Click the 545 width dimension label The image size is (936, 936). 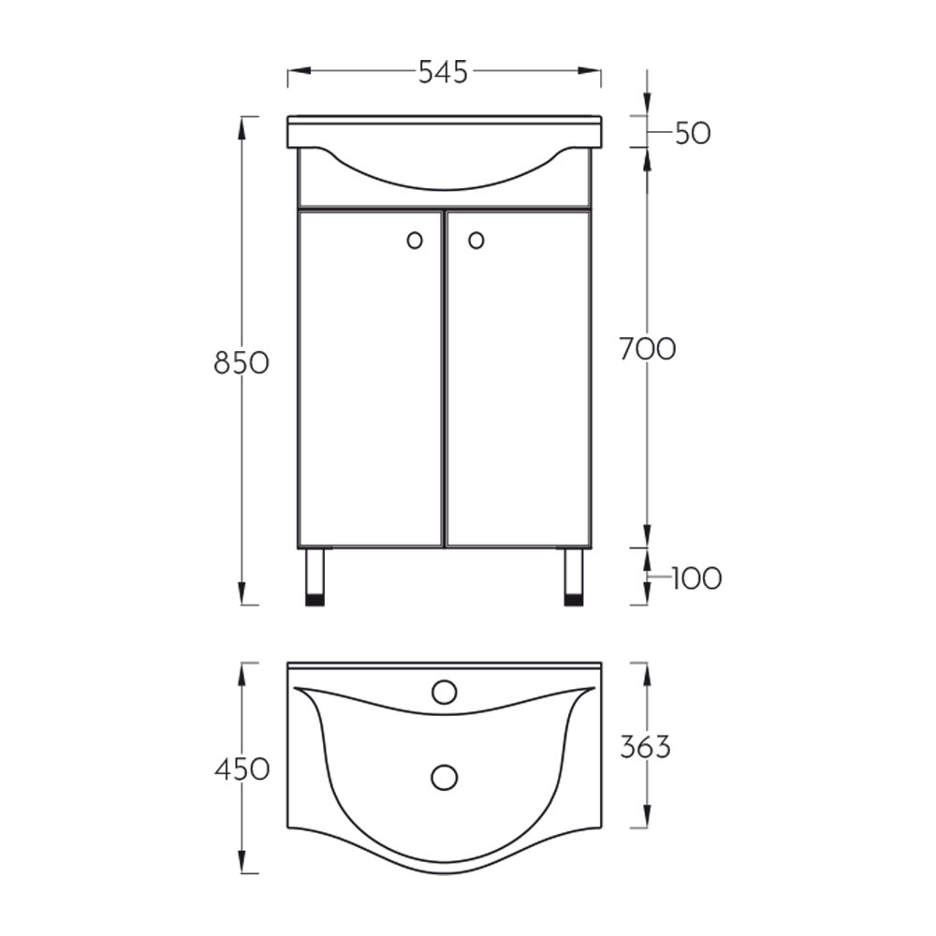[443, 72]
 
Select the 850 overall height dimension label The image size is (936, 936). [241, 363]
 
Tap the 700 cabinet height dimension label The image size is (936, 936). [648, 349]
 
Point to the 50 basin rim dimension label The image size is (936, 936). [693, 133]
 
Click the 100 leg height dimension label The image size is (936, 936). [696, 578]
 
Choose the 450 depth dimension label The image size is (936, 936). [242, 769]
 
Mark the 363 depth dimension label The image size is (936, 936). [645, 747]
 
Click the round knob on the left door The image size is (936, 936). [415, 241]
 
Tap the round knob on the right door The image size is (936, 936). [476, 241]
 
